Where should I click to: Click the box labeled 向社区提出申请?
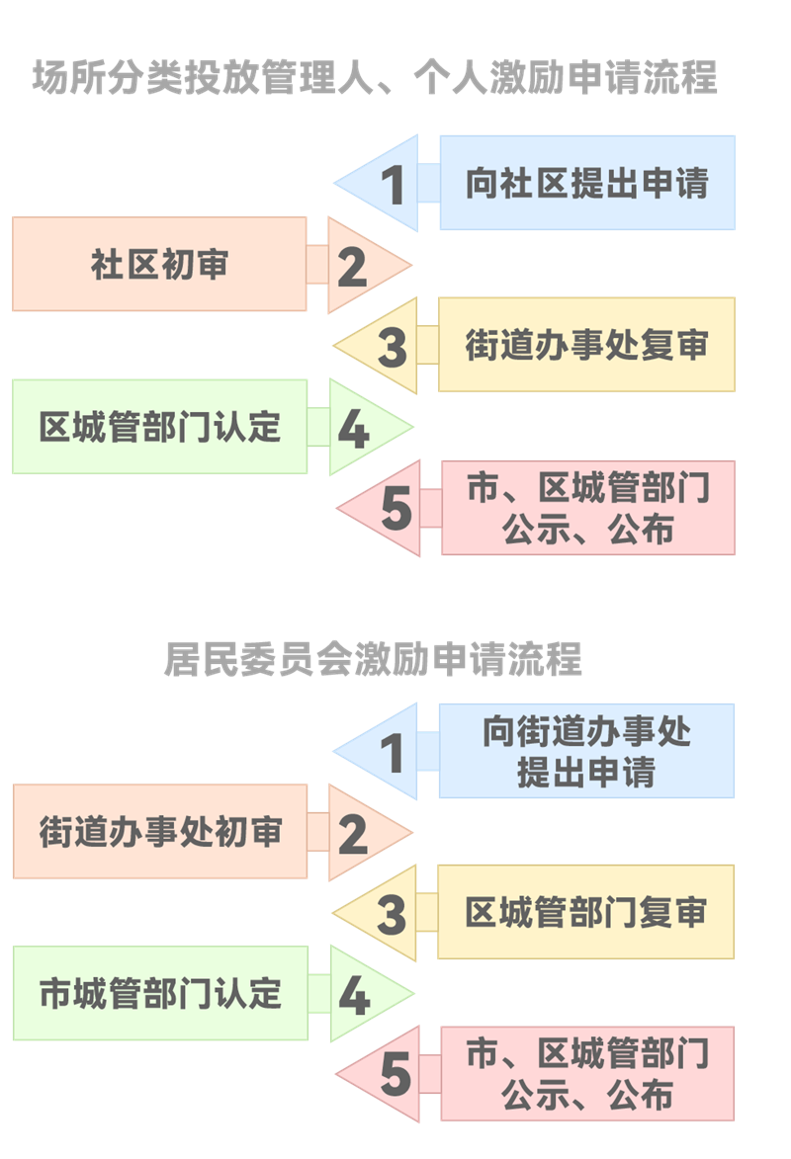(586, 183)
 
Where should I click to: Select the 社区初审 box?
(159, 264)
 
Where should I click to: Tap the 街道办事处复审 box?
(586, 345)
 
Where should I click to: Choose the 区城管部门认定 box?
(159, 426)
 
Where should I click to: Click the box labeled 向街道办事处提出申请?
(586, 751)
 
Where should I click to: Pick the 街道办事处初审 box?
(159, 832)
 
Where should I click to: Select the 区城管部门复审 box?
(586, 912)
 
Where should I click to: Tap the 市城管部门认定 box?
(159, 993)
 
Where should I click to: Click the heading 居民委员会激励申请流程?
(373, 660)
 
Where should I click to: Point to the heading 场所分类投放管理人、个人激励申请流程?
(375, 78)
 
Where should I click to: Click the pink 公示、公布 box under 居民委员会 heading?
(587, 1074)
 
